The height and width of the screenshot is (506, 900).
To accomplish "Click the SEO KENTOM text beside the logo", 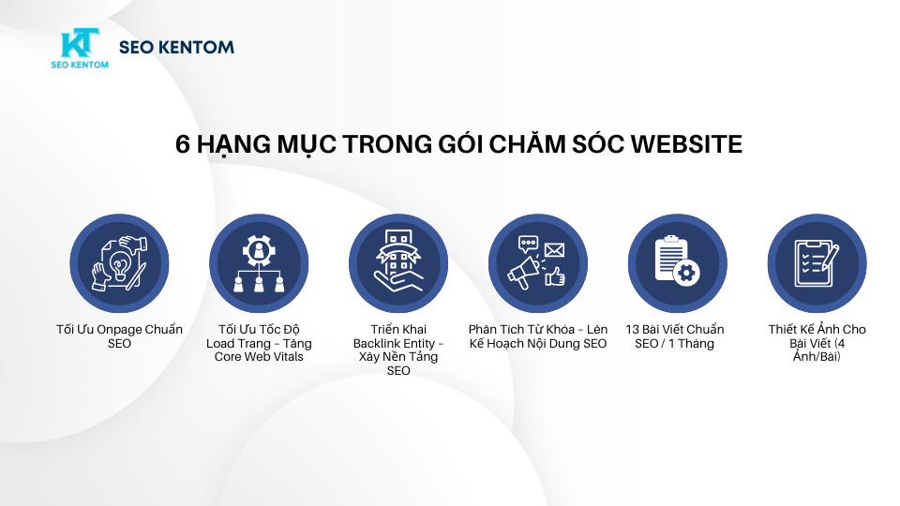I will coord(177,47).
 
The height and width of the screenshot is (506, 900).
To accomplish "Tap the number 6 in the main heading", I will coord(184,145).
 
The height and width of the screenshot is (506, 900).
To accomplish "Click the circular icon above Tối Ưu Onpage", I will coord(119,263).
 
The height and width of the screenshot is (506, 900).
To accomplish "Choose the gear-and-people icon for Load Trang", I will coord(259,263).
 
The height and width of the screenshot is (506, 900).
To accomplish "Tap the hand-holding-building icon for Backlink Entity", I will coord(398,263).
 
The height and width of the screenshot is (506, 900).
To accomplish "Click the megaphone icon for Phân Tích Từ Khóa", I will coord(538,263).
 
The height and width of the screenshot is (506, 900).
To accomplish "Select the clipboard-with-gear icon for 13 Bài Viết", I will coord(678,263).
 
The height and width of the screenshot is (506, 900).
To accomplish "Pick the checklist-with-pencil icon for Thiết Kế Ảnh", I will coord(817,263).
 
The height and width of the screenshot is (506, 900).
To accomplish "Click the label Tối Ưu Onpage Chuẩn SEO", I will coord(119,336).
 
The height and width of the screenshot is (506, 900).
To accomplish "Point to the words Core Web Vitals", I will coord(259,357).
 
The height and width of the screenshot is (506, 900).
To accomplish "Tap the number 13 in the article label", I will coord(633,330).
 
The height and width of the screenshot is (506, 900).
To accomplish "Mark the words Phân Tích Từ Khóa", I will coord(523,330).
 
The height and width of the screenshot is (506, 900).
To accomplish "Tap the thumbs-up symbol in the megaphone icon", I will coord(554,276).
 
